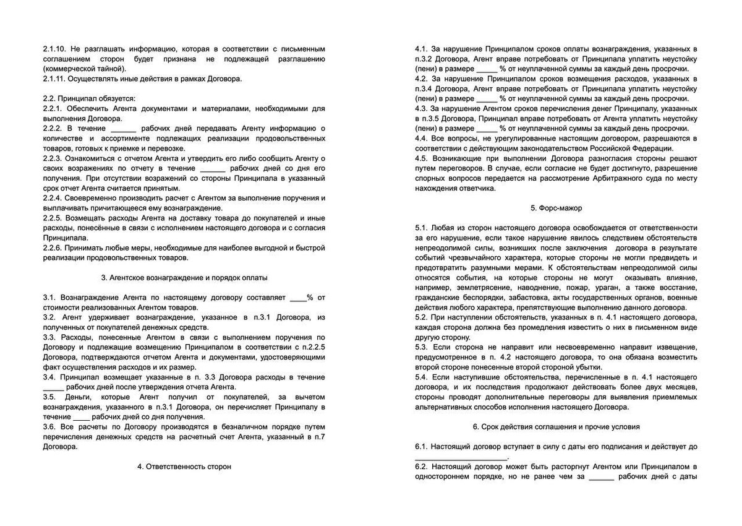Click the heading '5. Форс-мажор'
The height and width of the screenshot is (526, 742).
pos(556,209)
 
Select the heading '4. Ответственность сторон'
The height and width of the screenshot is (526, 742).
pos(184,467)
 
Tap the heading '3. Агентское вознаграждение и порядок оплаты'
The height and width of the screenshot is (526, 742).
pos(184,278)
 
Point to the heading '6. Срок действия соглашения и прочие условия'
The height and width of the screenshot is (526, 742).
pos(556,426)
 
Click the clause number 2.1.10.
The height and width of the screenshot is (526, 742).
pos(55,48)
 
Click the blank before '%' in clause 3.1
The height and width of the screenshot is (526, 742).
pos(298,298)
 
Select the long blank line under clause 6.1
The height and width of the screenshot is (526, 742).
pos(461,457)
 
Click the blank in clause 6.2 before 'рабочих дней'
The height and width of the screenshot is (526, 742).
pos(601,476)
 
